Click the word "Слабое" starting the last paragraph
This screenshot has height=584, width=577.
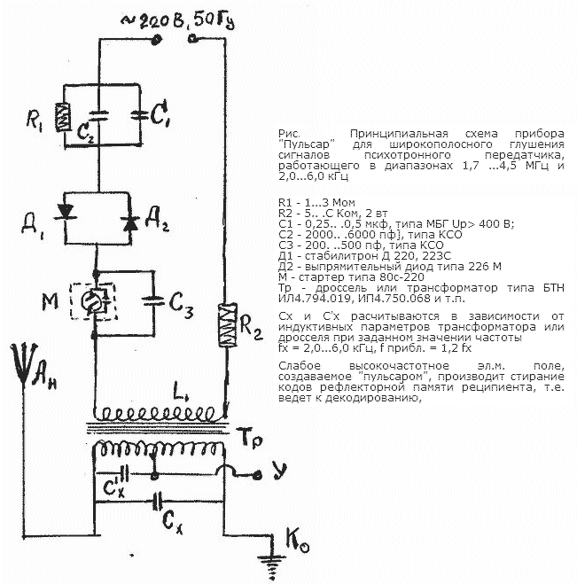(296, 367)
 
